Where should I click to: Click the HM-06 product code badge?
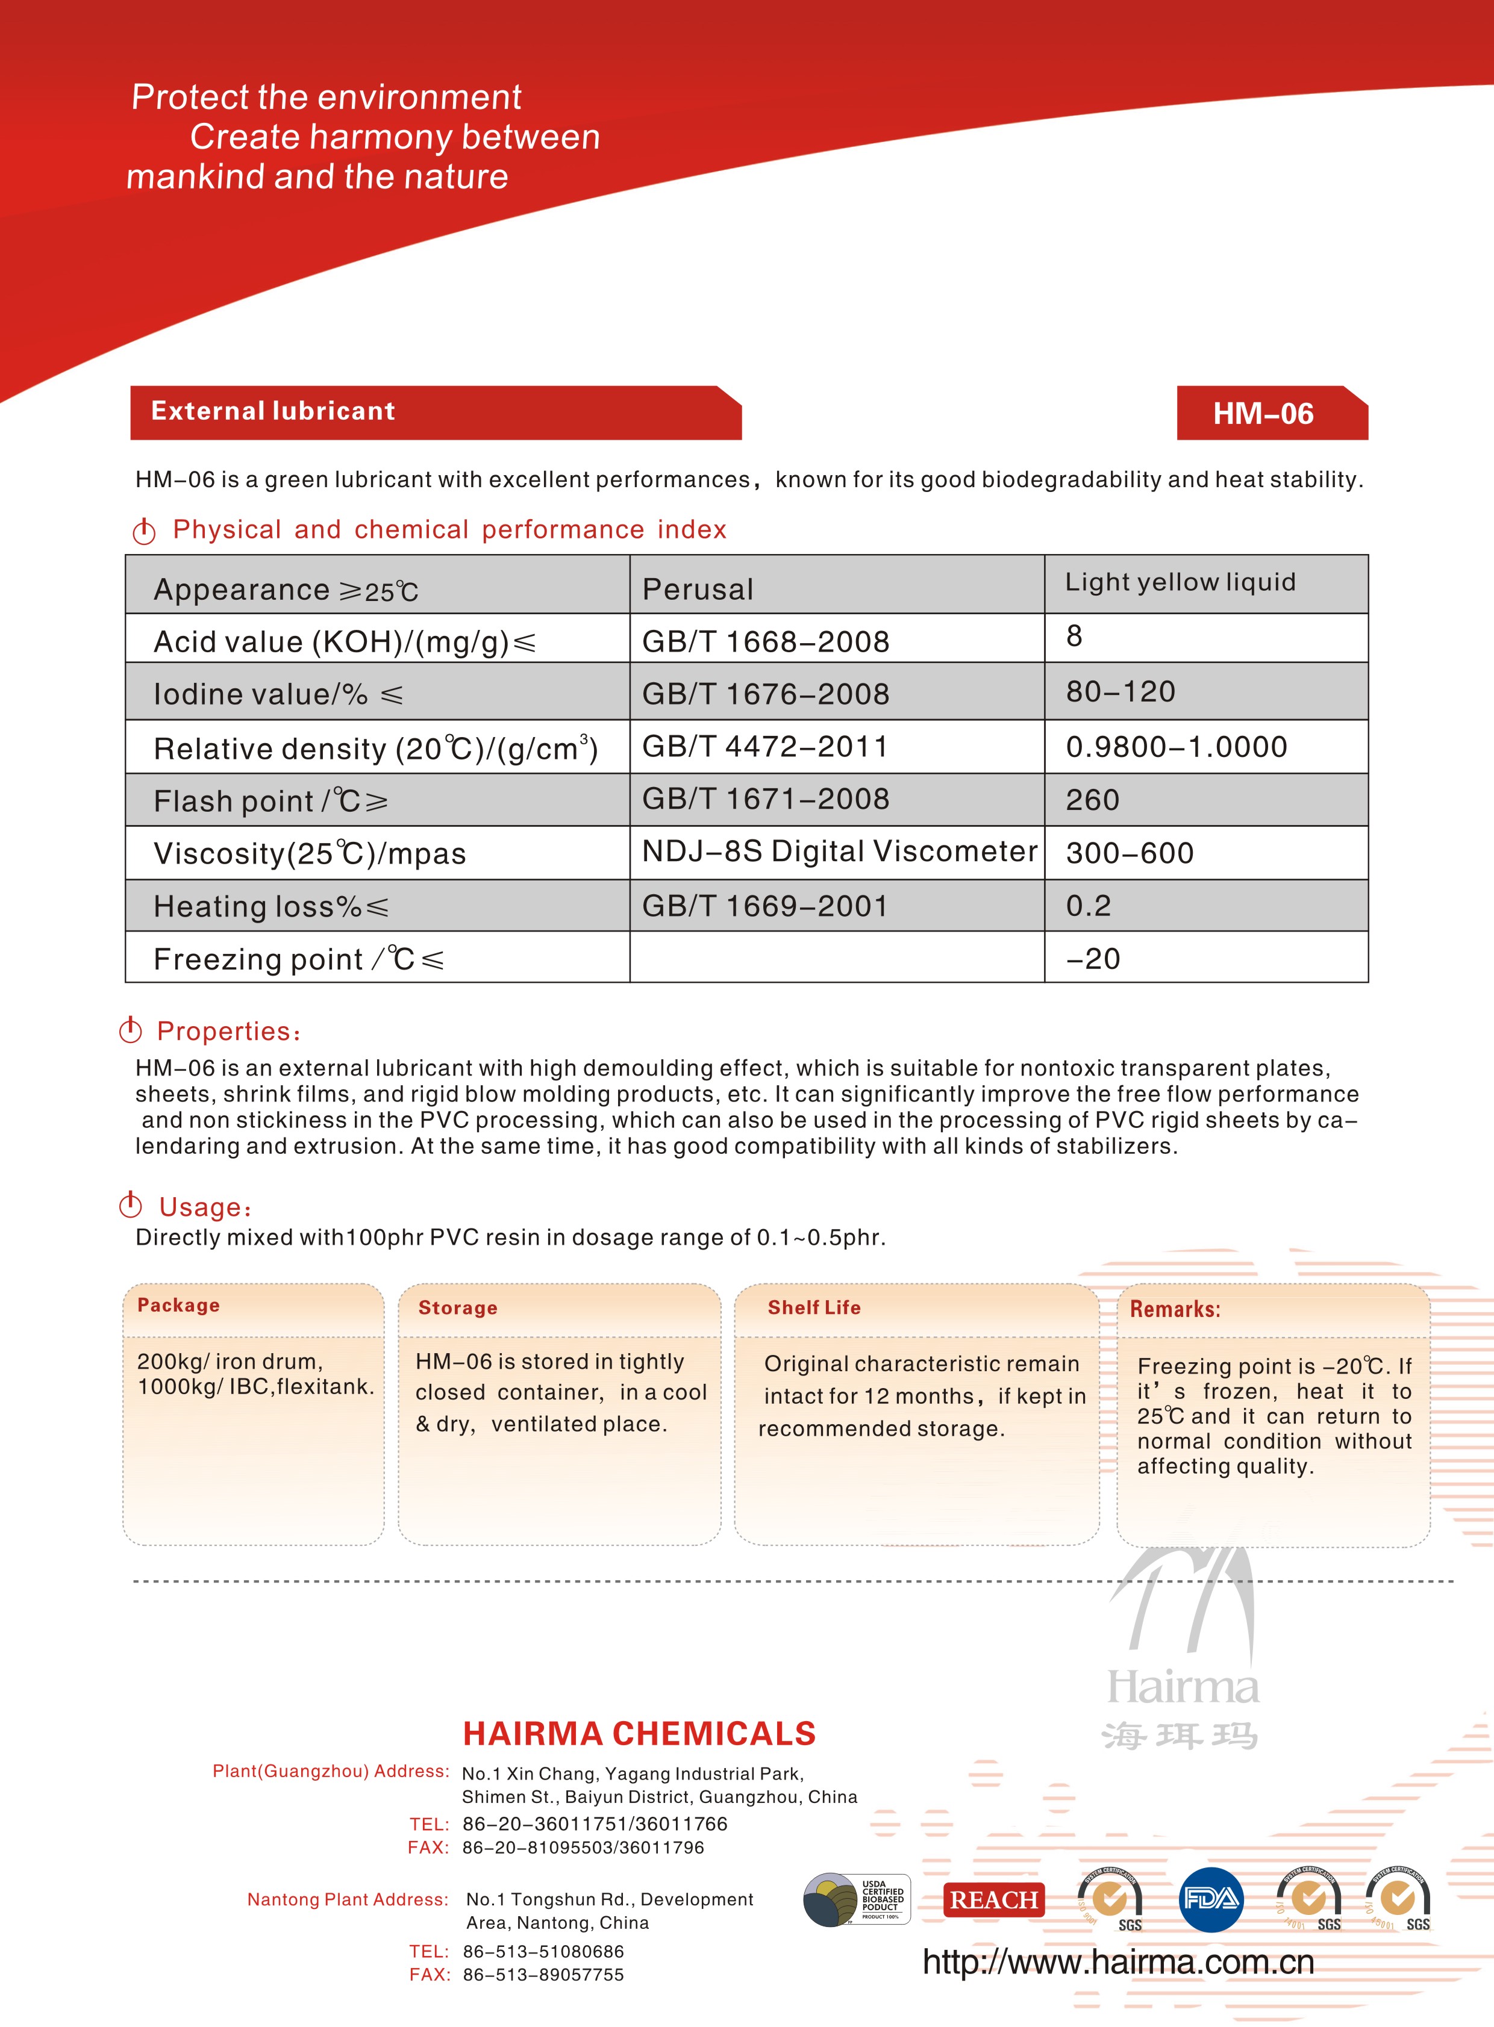[1263, 414]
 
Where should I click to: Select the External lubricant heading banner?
[273, 411]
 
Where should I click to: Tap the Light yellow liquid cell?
[1180, 582]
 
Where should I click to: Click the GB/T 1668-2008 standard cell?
[765, 642]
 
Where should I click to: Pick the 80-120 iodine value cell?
[1120, 692]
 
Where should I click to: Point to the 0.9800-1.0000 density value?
[1177, 747]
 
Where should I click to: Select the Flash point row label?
[270, 801]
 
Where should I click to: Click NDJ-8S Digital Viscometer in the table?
[839, 852]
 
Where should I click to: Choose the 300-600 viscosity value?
[1130, 853]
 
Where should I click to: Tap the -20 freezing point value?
[1093, 958]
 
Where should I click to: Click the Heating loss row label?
[270, 907]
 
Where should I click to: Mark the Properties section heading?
[228, 1032]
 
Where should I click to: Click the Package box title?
[178, 1306]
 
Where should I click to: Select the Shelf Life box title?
[814, 1307]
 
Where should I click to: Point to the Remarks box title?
[1175, 1309]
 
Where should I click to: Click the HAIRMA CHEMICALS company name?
[639, 1734]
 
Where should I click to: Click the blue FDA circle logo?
[1211, 1899]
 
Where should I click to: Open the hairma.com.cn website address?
[1117, 1963]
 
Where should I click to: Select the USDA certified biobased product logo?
[857, 1899]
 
